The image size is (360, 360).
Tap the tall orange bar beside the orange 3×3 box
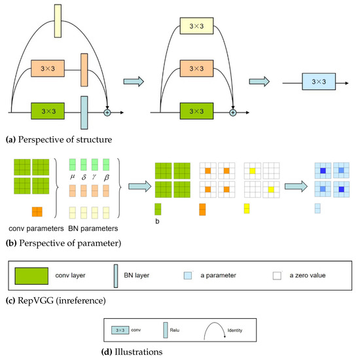click(x=84, y=70)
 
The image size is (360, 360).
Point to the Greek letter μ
click(x=72, y=177)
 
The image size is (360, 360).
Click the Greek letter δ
click(x=85, y=177)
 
